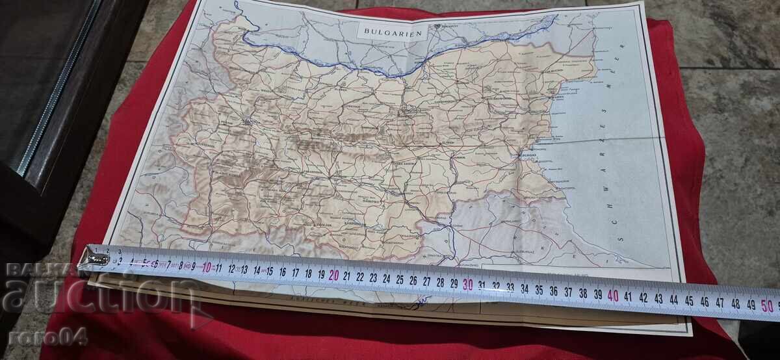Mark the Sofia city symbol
coord(247,122)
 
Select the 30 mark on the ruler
coord(467,284)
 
